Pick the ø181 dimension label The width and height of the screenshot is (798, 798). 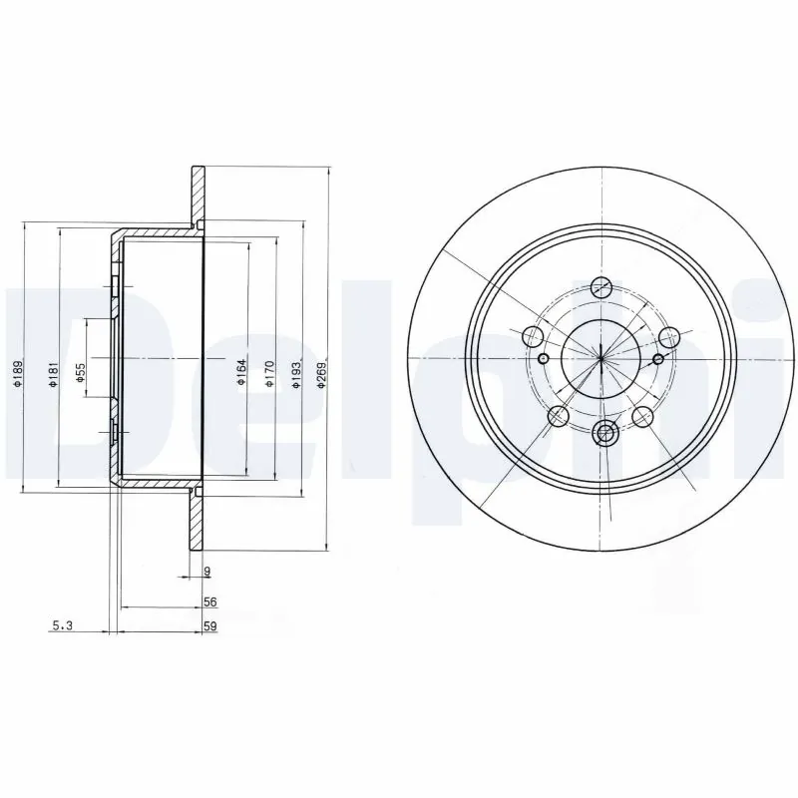(x=55, y=374)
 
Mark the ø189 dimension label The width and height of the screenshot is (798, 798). (x=17, y=374)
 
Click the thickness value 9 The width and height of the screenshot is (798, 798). (x=206, y=572)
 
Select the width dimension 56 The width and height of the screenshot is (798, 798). (x=209, y=601)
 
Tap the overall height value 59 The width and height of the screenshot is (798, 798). (x=209, y=626)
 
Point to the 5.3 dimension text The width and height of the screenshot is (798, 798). (x=61, y=626)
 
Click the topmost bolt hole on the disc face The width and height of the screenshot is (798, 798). (x=600, y=286)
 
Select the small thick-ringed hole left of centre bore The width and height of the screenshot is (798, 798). (x=543, y=359)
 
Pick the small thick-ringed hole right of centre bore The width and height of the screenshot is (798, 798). (x=657, y=359)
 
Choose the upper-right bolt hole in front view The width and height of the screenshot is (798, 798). (x=669, y=337)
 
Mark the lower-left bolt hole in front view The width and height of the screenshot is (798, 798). (x=559, y=416)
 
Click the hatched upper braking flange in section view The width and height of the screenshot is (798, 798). (x=198, y=195)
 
